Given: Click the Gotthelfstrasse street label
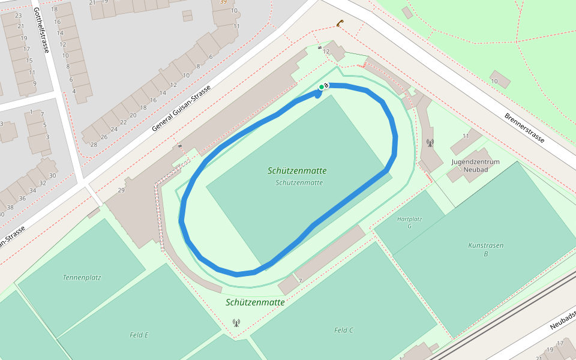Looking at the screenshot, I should click(41, 30).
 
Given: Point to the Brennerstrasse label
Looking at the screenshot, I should click(524, 128).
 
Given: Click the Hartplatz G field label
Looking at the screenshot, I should click(409, 222).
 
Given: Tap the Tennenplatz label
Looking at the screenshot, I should click(82, 278).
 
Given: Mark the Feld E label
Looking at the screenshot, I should click(139, 335).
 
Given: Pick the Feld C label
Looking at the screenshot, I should click(344, 330).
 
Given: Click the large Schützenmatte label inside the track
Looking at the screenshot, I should click(297, 171).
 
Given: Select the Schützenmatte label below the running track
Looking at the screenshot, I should click(255, 302).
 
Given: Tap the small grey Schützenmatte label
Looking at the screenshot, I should click(299, 182).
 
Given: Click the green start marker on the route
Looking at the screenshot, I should click(322, 88).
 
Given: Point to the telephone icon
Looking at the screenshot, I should click(340, 23).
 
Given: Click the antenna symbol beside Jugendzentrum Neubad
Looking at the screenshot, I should click(430, 143).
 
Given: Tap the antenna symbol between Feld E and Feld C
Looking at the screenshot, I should click(236, 323).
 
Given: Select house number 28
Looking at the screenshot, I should click(94, 145).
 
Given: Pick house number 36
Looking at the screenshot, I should click(22, 199).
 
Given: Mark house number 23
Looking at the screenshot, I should click(19, 16).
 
